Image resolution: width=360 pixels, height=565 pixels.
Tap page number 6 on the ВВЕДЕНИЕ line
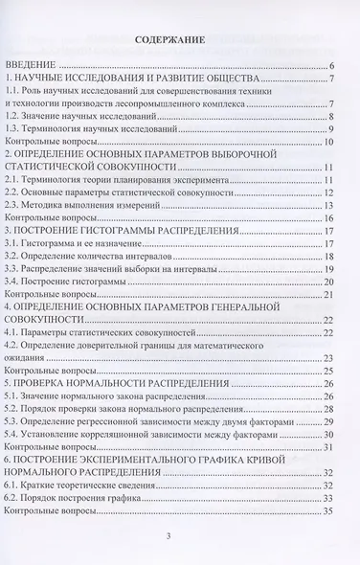(329, 65)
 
